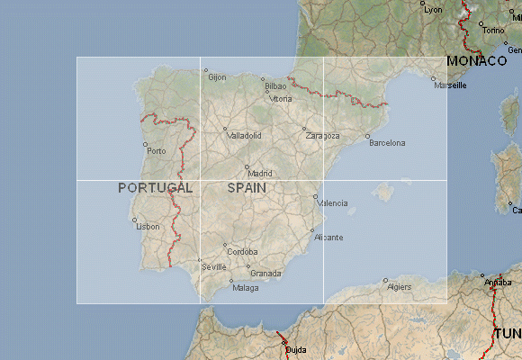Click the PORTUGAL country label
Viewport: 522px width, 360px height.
point(156,188)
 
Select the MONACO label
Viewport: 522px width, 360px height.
point(477,61)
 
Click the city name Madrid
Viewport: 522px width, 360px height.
point(260,173)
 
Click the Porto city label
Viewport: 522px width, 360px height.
point(157,150)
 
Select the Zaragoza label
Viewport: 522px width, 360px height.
point(323,136)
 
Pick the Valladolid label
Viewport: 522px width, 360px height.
point(245,136)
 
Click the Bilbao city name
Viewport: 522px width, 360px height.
point(275,86)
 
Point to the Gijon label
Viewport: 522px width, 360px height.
point(217,76)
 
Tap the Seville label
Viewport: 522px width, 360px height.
point(214,266)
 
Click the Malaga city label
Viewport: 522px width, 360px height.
point(245,288)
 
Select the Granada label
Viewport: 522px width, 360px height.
point(265,274)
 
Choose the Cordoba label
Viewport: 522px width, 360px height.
point(242,252)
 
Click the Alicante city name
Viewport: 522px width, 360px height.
point(328,237)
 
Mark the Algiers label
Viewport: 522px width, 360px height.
point(399,286)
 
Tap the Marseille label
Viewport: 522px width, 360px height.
point(450,85)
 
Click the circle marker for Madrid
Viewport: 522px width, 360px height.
point(247,166)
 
